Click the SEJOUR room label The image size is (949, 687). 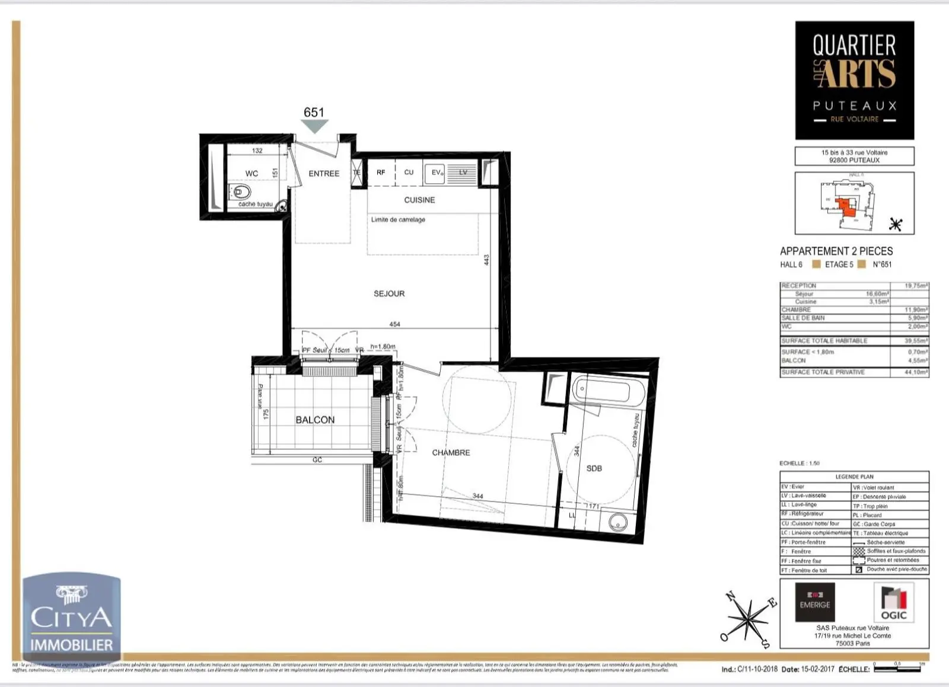[x=389, y=293]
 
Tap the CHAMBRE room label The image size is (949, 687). [x=451, y=452]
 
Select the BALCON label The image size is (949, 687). [x=315, y=420]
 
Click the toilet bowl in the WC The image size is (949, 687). [x=241, y=192]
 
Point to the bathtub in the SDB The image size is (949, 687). [x=609, y=391]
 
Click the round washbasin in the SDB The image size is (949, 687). [x=618, y=522]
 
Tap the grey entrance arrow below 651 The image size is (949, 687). [x=314, y=126]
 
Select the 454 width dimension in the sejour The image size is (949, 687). [x=394, y=324]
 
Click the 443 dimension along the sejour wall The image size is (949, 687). [x=486, y=260]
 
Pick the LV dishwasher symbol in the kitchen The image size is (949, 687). [x=462, y=172]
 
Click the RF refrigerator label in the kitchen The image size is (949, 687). [x=381, y=172]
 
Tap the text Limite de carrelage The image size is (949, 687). [x=398, y=219]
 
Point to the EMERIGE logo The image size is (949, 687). [x=814, y=602]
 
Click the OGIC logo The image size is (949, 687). [x=893, y=602]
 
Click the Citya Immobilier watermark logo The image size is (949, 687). [x=71, y=616]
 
